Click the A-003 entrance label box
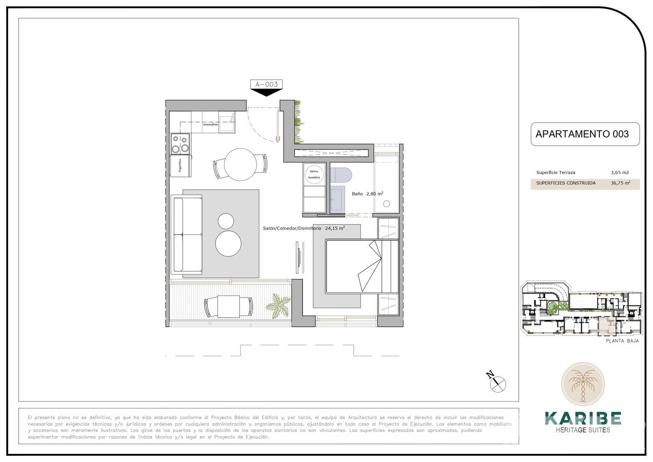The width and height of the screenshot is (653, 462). click(x=266, y=84)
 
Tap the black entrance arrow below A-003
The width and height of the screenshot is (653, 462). click(x=266, y=92)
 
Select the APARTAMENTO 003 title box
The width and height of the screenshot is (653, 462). click(x=585, y=134)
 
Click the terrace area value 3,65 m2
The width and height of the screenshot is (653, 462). click(x=619, y=172)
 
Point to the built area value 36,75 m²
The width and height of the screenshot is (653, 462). click(x=620, y=183)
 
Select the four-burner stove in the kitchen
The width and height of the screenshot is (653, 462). click(x=180, y=143)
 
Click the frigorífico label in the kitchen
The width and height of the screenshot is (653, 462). click(x=180, y=166)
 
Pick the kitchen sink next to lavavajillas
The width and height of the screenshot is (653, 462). click(x=227, y=122)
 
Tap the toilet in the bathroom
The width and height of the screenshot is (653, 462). click(x=341, y=175)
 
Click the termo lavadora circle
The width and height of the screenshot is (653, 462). click(x=314, y=174)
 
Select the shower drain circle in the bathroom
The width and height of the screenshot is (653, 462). click(x=386, y=204)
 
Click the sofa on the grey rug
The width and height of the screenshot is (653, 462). click(x=187, y=235)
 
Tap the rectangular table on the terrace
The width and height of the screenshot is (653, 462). click(x=228, y=306)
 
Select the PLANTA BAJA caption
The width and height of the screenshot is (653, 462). click(x=622, y=341)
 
